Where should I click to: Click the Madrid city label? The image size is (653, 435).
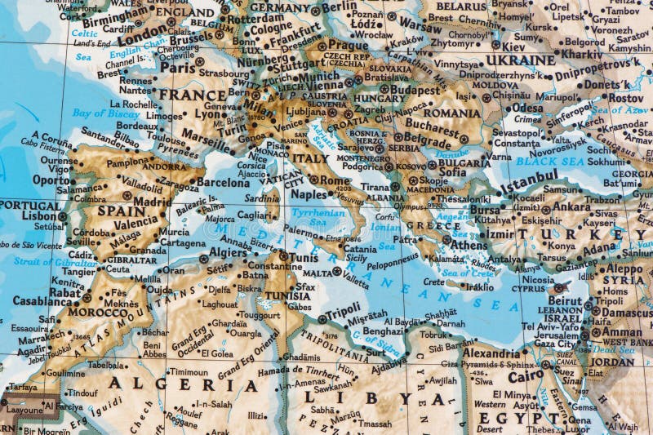[x=152, y=202]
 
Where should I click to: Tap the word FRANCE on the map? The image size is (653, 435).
[x=193, y=95]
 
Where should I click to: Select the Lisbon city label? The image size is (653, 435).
[x=39, y=216]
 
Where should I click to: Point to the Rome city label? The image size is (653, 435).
[x=335, y=180]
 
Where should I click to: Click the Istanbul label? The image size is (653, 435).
[x=528, y=180]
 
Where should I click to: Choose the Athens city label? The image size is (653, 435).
[x=469, y=244]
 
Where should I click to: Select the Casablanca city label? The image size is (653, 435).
[x=42, y=300]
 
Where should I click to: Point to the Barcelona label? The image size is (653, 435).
[x=223, y=182]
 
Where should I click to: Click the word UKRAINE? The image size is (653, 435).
[x=521, y=60]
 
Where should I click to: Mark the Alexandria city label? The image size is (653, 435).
[x=491, y=353]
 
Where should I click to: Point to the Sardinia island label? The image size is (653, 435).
[x=261, y=198]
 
